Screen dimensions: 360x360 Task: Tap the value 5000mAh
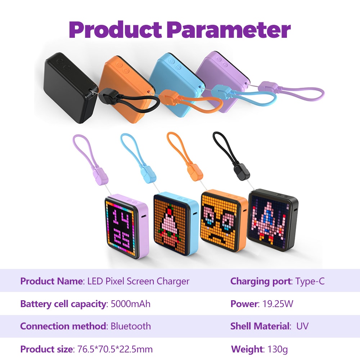coord(130,304)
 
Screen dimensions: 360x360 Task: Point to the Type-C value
coord(310,281)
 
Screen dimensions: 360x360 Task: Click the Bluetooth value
coord(131,327)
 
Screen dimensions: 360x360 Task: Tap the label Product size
coord(46,349)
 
